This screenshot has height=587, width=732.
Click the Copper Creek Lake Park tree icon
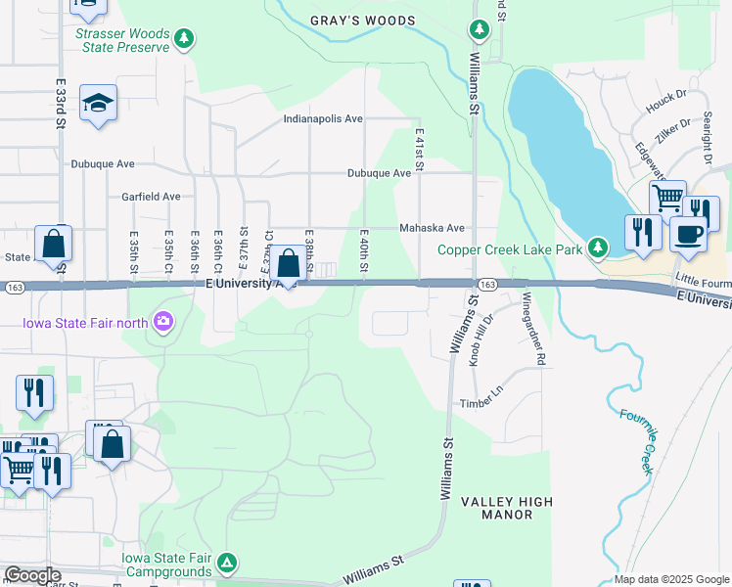click(x=597, y=248)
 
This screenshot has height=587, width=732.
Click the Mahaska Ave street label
click(x=431, y=228)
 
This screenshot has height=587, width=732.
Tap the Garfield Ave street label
click(x=151, y=197)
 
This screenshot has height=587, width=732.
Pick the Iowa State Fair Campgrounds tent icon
click(x=226, y=563)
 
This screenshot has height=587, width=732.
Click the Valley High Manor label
click(x=507, y=509)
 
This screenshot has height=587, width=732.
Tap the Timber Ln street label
click(x=481, y=403)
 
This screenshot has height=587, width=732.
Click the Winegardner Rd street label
click(x=532, y=328)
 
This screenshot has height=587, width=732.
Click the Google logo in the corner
click(x=32, y=575)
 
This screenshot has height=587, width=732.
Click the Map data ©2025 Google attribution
click(x=672, y=579)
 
